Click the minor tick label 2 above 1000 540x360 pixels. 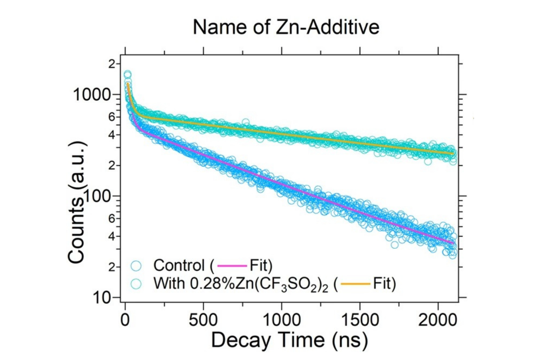112,64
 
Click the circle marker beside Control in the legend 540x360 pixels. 136,266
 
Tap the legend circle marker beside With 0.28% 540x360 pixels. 136,283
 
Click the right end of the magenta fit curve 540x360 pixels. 453,243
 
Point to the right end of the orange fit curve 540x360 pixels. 453,154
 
